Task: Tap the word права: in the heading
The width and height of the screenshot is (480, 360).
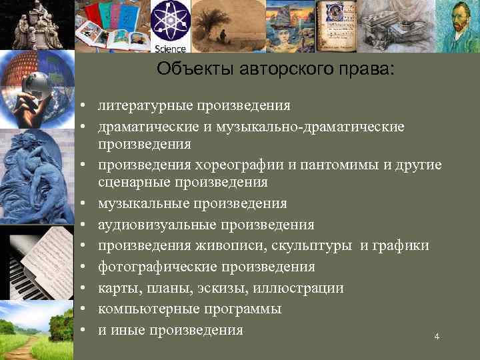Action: pyautogui.click(x=365, y=69)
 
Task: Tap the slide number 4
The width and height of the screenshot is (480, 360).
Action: pyautogui.click(x=437, y=337)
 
